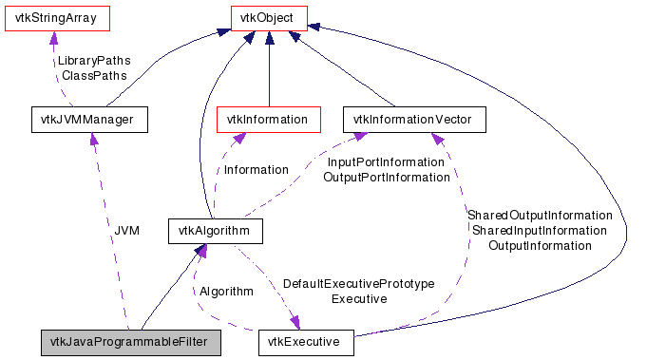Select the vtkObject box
(x=269, y=17)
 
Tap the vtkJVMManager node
(x=89, y=120)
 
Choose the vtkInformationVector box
(x=413, y=120)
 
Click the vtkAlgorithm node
(x=214, y=231)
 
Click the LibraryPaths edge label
(x=93, y=60)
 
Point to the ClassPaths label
(x=93, y=74)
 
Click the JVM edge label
(x=126, y=231)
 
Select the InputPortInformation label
(x=385, y=162)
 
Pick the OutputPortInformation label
(x=385, y=177)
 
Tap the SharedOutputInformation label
(x=539, y=216)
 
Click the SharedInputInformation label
(x=539, y=230)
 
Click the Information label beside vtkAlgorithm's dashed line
(x=255, y=170)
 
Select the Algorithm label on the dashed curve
(x=226, y=291)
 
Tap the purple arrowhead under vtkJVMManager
(x=93, y=139)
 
